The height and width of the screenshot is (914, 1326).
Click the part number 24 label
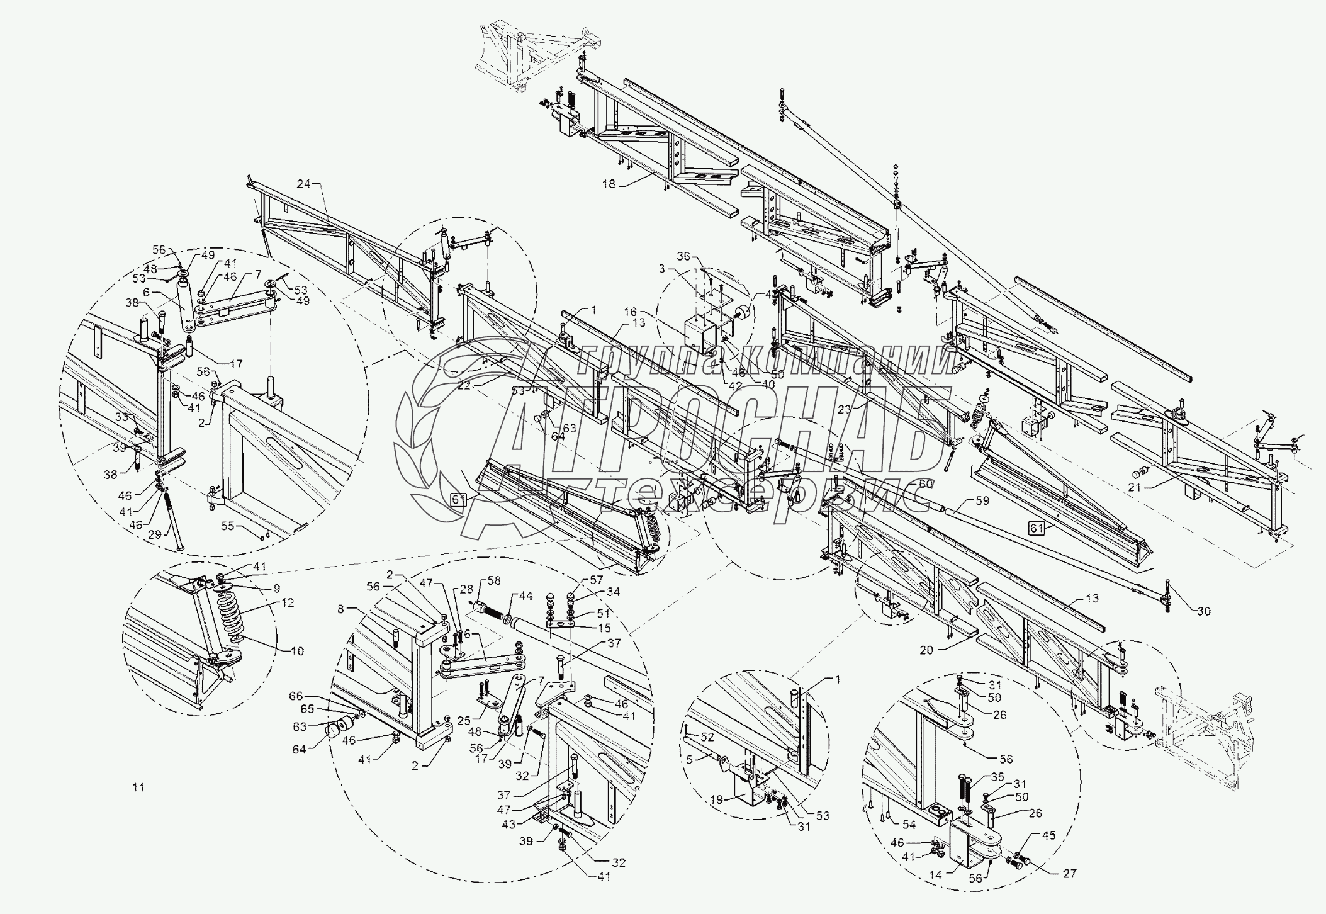[304, 184]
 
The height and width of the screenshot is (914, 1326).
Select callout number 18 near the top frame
[609, 184]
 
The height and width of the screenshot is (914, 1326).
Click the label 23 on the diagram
[845, 409]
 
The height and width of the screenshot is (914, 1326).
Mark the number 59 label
[982, 500]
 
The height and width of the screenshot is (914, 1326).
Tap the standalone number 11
[138, 787]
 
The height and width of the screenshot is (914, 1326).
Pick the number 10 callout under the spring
[297, 650]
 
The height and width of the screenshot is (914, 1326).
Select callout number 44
[525, 595]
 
